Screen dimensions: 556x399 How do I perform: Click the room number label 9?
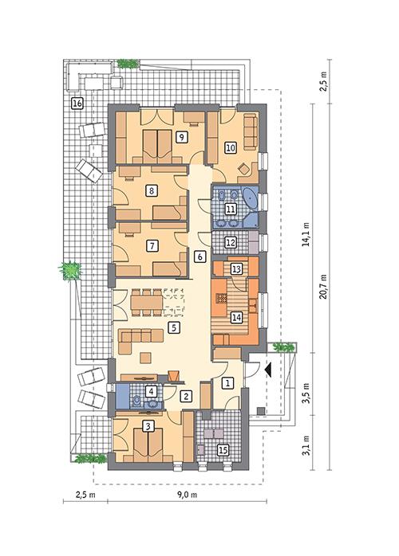click(183, 137)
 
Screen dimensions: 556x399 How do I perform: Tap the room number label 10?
click(230, 147)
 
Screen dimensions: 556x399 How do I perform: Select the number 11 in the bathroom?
click(230, 209)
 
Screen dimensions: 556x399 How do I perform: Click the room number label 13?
click(236, 269)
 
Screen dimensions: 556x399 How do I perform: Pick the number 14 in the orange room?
click(236, 317)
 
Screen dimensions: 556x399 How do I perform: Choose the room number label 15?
click(223, 451)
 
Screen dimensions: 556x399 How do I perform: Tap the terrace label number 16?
click(77, 103)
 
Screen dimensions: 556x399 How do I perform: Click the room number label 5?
click(173, 327)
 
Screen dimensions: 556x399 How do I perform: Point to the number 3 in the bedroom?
click(148, 426)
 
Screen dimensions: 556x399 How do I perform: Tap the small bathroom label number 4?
click(139, 391)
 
